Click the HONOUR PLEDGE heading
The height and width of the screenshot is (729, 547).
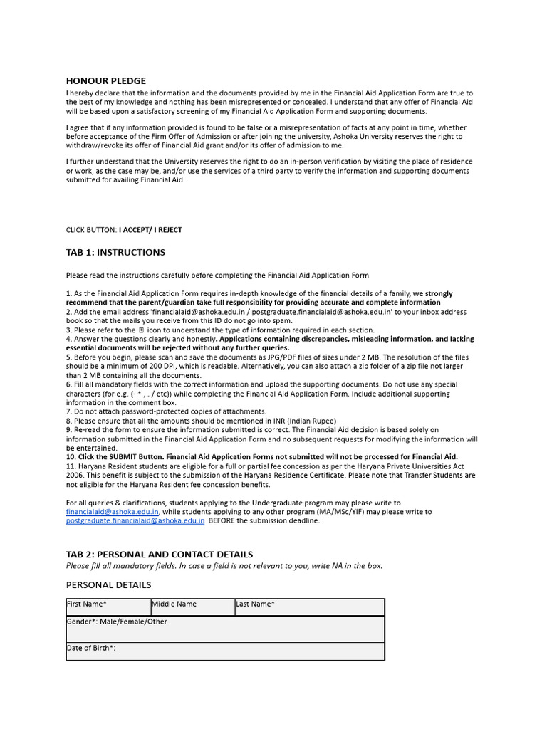[105, 80]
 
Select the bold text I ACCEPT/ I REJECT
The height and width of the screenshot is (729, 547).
[150, 230]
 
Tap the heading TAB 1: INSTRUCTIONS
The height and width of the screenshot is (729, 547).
[115, 252]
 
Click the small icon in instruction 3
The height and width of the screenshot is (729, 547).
[140, 330]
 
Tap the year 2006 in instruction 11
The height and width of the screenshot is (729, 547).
[75, 476]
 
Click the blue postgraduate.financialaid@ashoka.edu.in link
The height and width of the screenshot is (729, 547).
[135, 520]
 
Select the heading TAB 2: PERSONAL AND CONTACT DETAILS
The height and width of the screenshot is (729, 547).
[160, 554]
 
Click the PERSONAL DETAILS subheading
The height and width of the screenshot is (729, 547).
[108, 584]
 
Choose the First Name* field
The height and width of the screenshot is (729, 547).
[108, 607]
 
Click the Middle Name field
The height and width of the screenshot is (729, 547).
[192, 607]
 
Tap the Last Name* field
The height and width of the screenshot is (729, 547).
[309, 607]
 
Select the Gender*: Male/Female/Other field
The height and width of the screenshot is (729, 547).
[225, 629]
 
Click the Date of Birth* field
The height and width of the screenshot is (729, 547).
[225, 651]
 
